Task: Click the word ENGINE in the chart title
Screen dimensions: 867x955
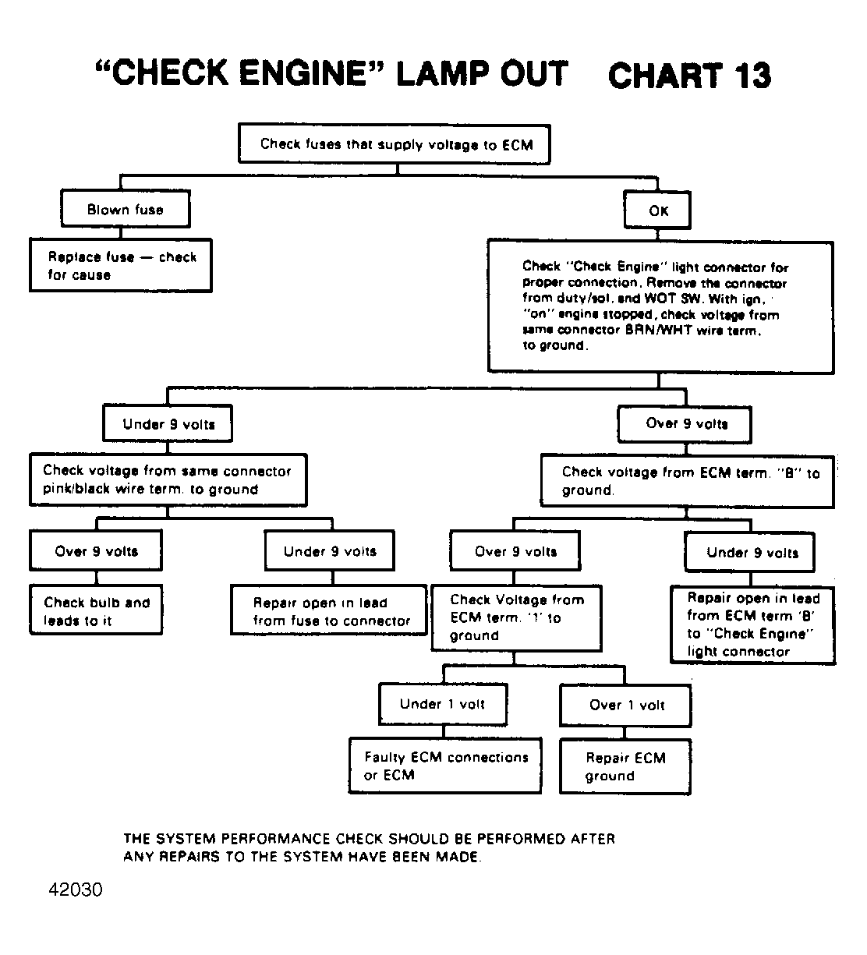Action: (303, 73)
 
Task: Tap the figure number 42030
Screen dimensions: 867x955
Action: (75, 890)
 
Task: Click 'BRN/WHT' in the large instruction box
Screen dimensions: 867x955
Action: (658, 330)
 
